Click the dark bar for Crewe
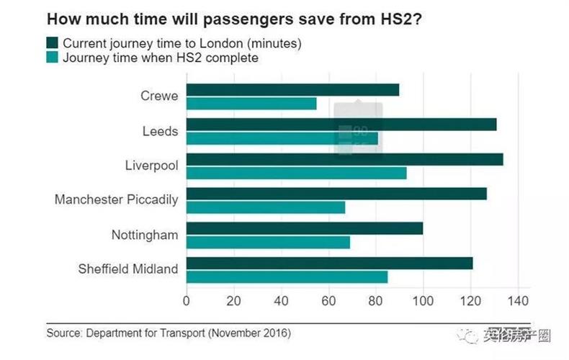(292, 90)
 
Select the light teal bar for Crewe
(251, 104)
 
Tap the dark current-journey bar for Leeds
(341, 125)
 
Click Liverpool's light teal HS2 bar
(296, 173)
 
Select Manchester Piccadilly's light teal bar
(266, 207)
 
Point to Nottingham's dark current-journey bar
(305, 228)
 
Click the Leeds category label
(160, 132)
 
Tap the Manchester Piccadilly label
(116, 199)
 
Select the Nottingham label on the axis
(144, 235)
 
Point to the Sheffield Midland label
(127, 269)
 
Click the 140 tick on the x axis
(518, 300)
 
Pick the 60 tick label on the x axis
(328, 300)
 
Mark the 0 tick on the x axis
(187, 300)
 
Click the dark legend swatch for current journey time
(53, 43)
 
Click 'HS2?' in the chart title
(400, 17)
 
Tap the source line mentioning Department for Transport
(169, 333)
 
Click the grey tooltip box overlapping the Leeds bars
(357, 130)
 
